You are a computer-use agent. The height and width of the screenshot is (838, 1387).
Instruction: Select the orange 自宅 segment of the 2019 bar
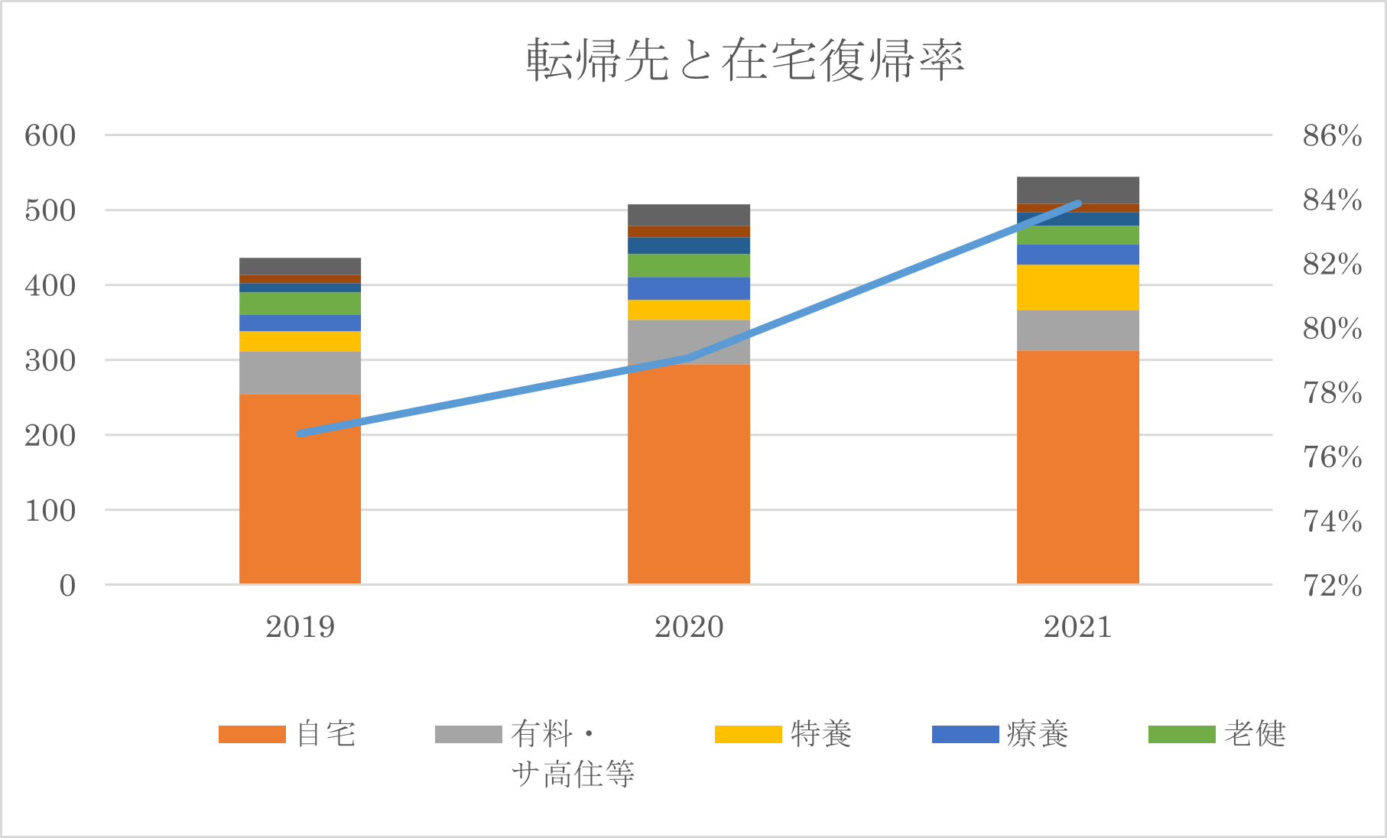(x=300, y=489)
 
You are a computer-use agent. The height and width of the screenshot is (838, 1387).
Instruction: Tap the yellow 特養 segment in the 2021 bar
(x=1077, y=287)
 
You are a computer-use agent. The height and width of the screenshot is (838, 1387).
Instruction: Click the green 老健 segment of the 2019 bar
(x=300, y=304)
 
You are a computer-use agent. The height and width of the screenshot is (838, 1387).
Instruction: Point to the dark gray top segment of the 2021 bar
(x=1077, y=190)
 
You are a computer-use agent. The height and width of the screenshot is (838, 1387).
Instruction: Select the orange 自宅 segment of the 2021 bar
(x=1077, y=466)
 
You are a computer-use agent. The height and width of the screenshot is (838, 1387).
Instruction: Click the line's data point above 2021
(x=1078, y=203)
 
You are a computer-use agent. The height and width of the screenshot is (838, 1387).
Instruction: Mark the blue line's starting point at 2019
(x=300, y=434)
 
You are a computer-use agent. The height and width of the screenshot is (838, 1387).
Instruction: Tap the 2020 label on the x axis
(x=689, y=628)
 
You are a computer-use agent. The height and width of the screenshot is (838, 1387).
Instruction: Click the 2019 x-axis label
(x=300, y=628)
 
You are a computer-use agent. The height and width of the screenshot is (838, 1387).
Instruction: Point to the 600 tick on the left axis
(x=50, y=136)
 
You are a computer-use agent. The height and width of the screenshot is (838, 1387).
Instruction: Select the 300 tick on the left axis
(x=50, y=361)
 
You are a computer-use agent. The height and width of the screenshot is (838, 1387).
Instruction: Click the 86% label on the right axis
(x=1332, y=136)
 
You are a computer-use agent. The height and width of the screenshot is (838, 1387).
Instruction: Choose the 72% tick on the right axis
(x=1332, y=586)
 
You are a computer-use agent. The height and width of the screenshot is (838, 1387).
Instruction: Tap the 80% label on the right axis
(x=1332, y=329)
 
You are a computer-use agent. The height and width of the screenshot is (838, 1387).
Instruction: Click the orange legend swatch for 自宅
(x=252, y=734)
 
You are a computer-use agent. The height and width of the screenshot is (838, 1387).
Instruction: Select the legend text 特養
(x=821, y=734)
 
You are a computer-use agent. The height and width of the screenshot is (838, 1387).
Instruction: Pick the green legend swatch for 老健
(x=1181, y=734)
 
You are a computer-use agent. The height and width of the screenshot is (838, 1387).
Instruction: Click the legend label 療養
(x=1038, y=734)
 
